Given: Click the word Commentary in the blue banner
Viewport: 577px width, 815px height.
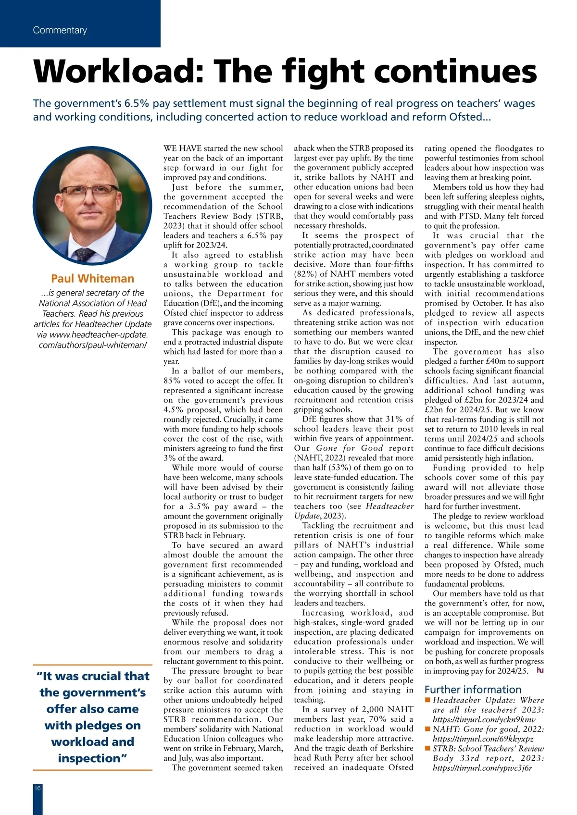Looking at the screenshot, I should click(60, 30).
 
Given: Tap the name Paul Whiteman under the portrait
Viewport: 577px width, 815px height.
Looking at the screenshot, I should click(92, 279).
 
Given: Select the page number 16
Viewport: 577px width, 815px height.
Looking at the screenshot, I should click(38, 788).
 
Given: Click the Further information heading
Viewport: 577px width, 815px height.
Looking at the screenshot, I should click(473, 689).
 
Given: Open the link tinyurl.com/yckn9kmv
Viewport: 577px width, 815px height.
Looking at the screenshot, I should click(484, 720).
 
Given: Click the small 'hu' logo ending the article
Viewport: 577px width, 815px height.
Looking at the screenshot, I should click(540, 670).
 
